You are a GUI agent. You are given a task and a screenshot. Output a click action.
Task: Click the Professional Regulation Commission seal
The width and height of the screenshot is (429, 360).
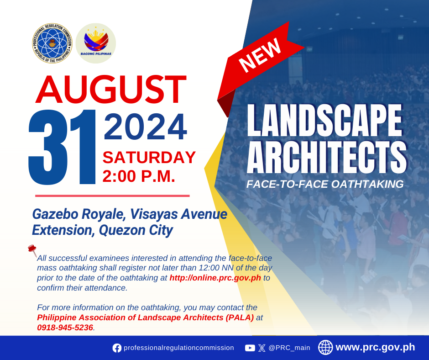click(52, 43)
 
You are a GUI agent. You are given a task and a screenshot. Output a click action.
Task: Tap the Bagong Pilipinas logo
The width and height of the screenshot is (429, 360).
click(96, 43)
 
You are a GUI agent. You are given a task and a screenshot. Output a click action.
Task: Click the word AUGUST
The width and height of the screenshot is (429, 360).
click(111, 90)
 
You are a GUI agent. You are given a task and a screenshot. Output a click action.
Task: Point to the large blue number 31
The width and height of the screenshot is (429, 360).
click(62, 147)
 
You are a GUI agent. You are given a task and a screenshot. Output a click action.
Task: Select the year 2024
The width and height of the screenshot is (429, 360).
click(145, 127)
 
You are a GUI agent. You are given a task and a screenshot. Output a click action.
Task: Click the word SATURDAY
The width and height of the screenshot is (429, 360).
click(149, 158)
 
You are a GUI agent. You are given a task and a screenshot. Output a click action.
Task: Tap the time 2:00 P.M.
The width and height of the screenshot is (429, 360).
click(139, 176)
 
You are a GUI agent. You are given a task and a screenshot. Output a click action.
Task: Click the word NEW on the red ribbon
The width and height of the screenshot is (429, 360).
click(260, 55)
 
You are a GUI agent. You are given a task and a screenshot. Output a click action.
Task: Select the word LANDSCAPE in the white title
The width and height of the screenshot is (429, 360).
click(324, 120)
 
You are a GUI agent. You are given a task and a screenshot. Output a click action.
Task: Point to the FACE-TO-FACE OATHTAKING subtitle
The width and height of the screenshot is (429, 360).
click(325, 184)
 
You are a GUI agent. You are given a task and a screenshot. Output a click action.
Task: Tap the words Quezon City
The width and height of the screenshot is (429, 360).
click(136, 230)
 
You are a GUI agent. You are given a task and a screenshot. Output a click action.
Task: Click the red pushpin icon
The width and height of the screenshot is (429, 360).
click(32, 250)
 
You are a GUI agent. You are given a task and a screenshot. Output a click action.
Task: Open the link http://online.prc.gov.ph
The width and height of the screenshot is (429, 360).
click(215, 278)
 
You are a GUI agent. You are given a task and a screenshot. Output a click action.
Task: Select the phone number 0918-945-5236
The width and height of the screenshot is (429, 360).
click(65, 328)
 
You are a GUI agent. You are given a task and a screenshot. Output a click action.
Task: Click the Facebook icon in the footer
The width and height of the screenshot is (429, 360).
click(117, 348)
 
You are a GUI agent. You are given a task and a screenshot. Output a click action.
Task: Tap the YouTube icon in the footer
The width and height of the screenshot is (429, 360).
click(250, 348)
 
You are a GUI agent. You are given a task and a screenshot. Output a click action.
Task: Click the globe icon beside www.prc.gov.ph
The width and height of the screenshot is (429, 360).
click(325, 347)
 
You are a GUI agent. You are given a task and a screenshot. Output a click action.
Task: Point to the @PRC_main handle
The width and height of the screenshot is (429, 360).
click(289, 348)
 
